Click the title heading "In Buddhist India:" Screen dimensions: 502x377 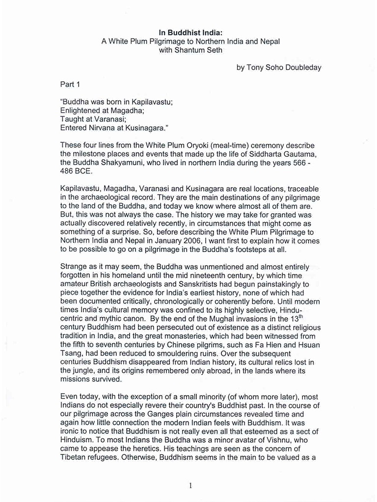pyautogui.click(x=190, y=33)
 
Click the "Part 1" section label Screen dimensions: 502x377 pyautogui.click(x=70, y=85)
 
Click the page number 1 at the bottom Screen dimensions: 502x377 pyautogui.click(x=190, y=485)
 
